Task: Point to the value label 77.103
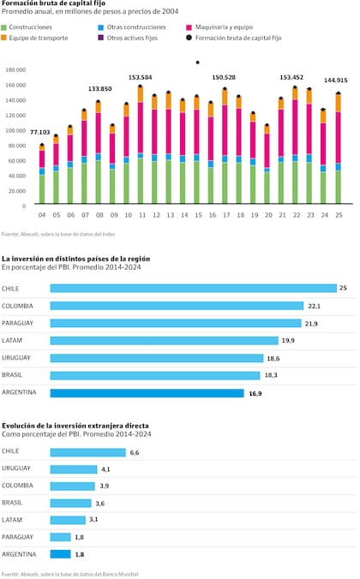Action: coord(40,132)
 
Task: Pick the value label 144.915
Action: coord(335,80)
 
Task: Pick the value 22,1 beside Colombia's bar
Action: coord(314,306)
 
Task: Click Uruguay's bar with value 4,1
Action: coord(74,469)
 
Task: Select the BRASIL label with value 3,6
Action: coord(13,503)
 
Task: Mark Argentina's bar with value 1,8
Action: coord(60,554)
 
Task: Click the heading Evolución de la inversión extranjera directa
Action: coord(75,425)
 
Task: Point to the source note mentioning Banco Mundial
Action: coord(69,573)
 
